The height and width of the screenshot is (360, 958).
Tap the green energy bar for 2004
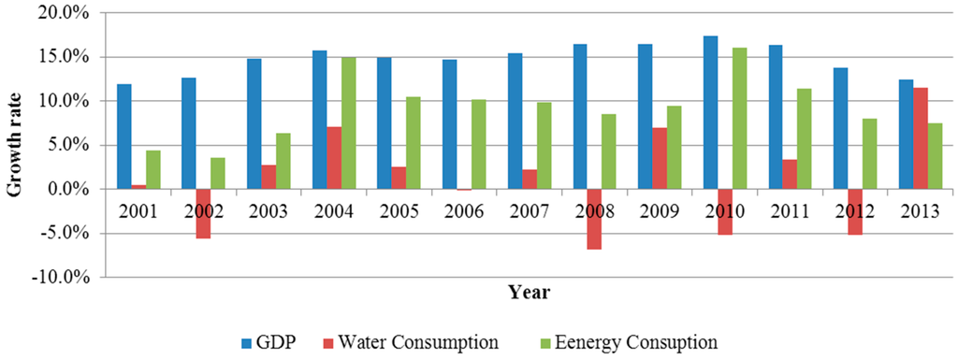tap(347, 123)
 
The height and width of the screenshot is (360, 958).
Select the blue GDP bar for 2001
tap(124, 137)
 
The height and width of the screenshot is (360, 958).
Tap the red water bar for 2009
tap(660, 158)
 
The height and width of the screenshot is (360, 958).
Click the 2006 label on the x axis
tap(464, 210)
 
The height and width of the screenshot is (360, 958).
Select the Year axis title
tap(529, 293)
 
